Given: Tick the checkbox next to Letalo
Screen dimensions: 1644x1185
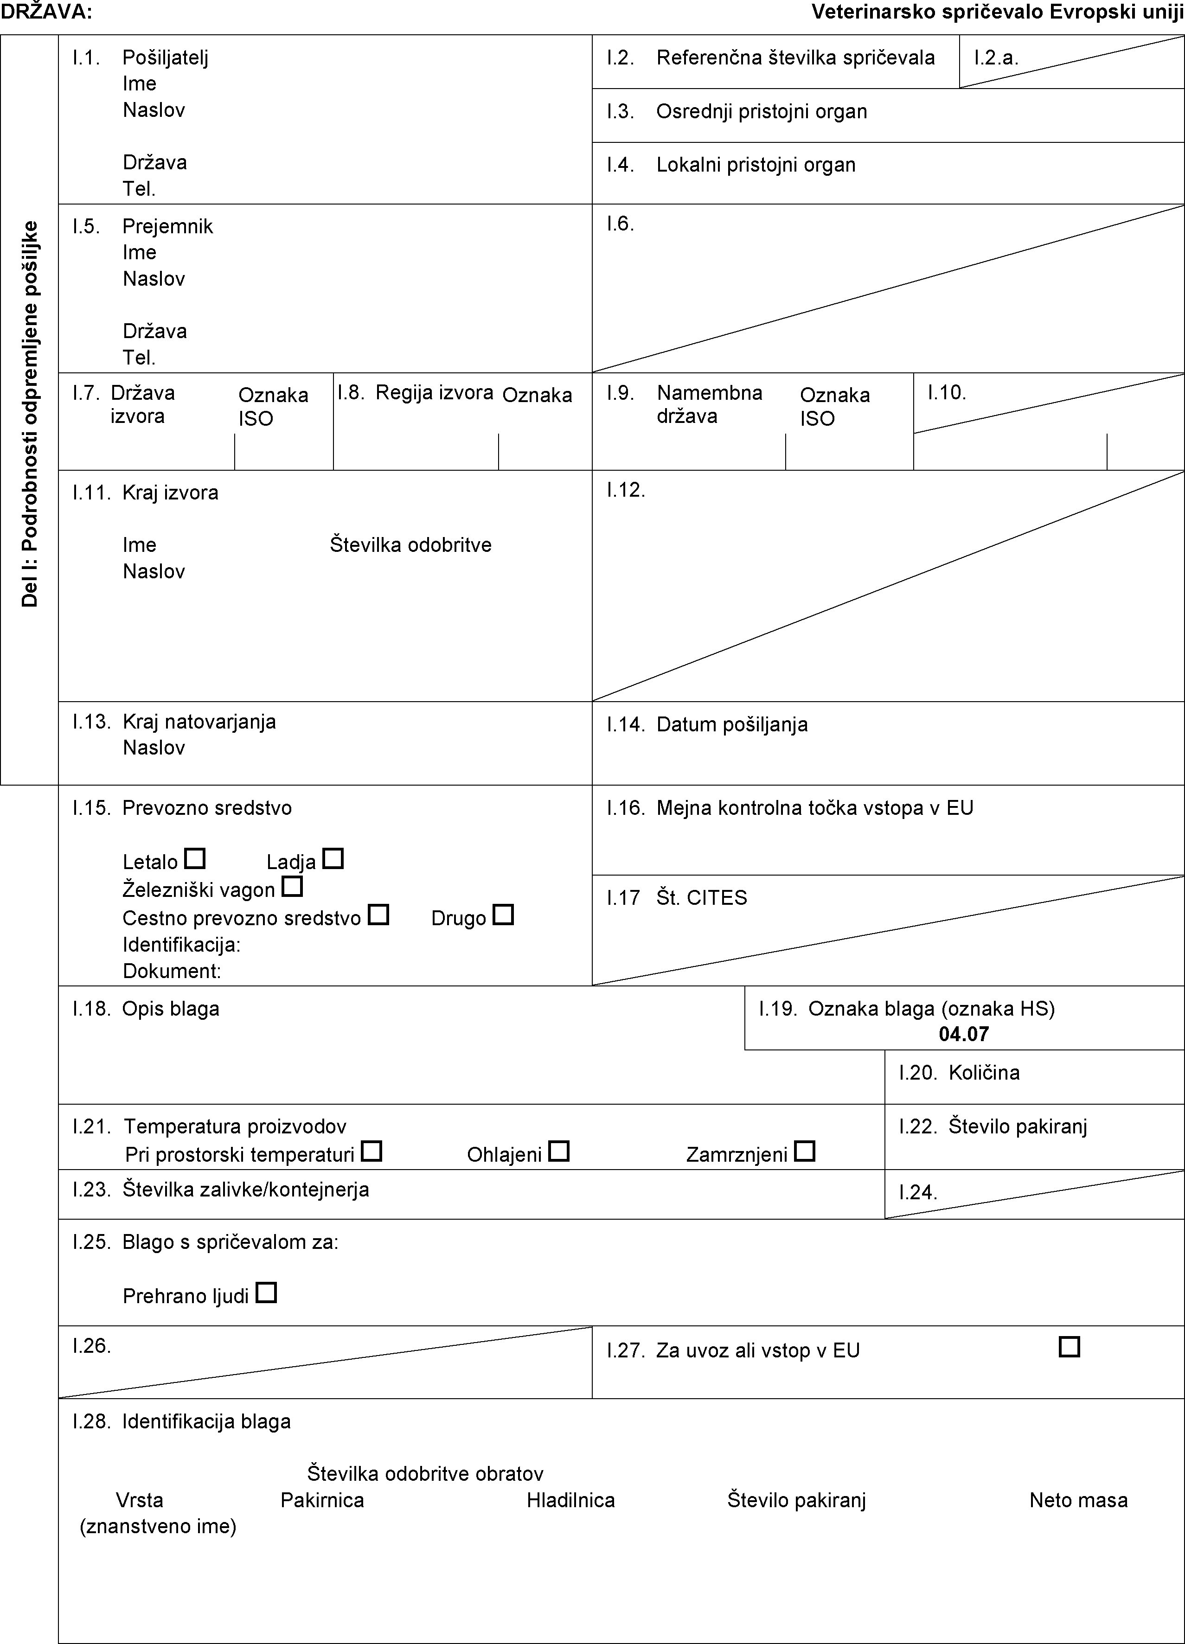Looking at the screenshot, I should click(x=194, y=859).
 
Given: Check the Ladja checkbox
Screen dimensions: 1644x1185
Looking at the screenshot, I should click(x=333, y=859).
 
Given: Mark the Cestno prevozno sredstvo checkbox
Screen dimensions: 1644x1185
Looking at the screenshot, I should click(x=378, y=915).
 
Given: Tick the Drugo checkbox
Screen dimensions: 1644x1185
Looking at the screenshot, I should click(x=503, y=915).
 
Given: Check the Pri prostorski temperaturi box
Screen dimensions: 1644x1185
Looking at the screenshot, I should click(x=372, y=1151).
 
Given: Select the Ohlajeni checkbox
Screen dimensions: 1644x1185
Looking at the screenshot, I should click(x=559, y=1151).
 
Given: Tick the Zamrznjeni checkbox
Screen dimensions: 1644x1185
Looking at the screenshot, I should click(x=805, y=1151).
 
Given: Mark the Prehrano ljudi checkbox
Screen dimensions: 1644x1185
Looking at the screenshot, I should click(x=267, y=1292).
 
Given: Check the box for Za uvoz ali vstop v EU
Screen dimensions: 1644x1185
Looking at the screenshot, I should click(x=1069, y=1348).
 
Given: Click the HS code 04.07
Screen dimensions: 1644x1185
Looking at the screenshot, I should click(x=963, y=1034).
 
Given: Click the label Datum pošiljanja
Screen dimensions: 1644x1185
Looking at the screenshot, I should click(x=732, y=724).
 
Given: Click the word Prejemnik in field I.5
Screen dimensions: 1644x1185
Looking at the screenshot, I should click(x=167, y=226).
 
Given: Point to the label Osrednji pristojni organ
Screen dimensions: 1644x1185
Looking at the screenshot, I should click(x=762, y=112).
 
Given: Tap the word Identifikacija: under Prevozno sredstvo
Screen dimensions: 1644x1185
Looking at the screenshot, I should click(x=181, y=945).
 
